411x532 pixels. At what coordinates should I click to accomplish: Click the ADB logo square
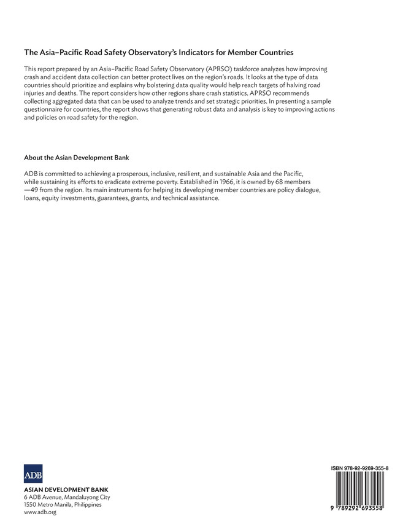(33, 474)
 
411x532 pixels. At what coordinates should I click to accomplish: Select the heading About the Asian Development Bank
(76, 157)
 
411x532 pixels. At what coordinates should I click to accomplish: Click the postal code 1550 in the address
(31, 504)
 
